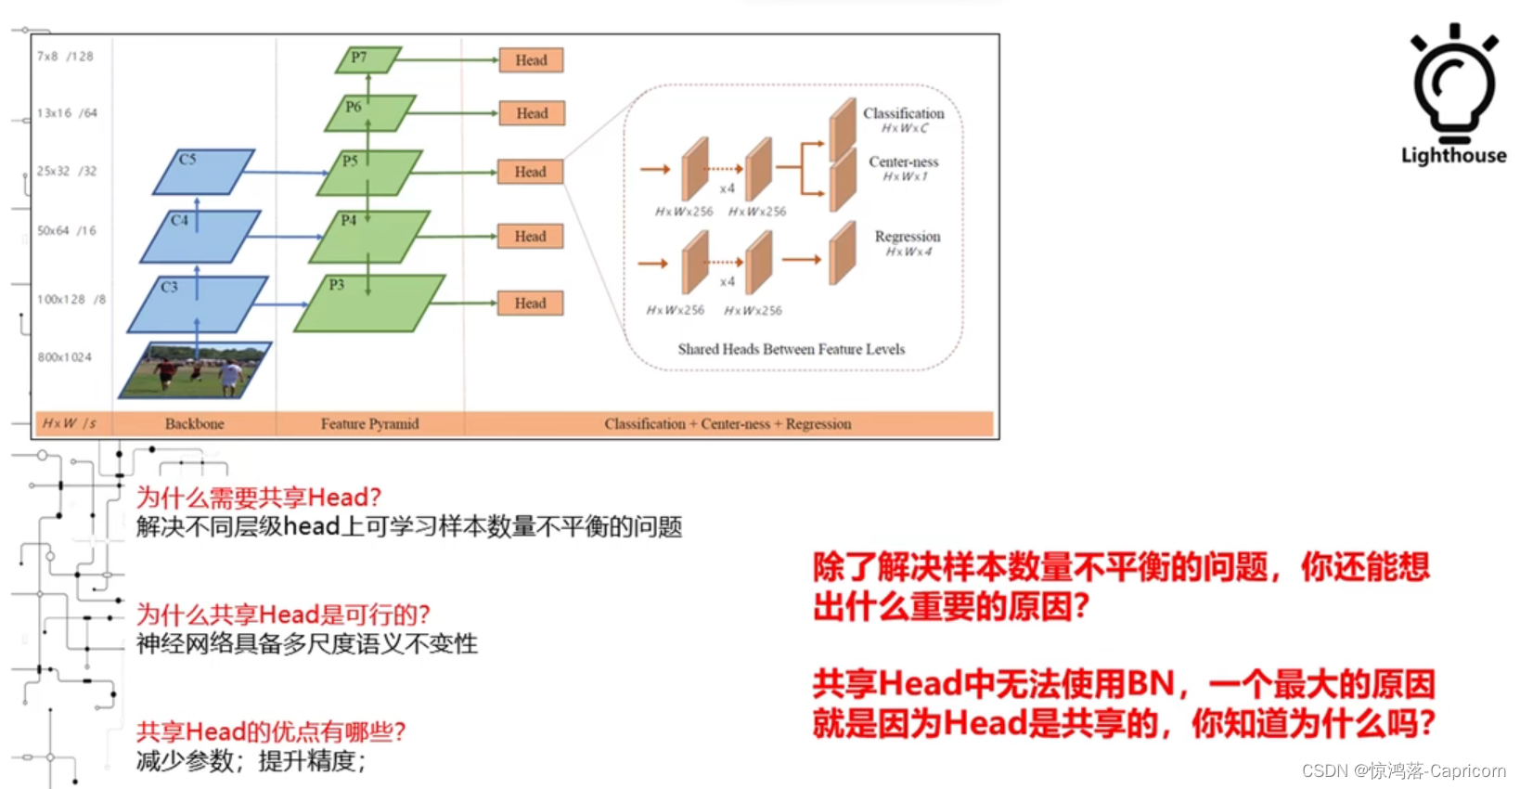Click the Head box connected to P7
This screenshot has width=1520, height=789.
(531, 60)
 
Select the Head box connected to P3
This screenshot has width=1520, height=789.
(530, 304)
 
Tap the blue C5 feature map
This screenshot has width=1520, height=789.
(203, 173)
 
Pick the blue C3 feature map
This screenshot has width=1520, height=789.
(197, 304)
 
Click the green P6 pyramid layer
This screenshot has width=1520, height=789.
(369, 113)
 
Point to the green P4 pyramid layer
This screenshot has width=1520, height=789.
(369, 238)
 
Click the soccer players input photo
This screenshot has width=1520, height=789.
(195, 370)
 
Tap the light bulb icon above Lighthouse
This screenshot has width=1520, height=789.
(1454, 84)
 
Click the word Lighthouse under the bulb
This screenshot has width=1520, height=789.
(1453, 156)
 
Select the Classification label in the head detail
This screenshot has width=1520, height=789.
(903, 113)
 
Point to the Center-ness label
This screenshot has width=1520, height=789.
(903, 162)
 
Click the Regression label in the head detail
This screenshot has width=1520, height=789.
(907, 237)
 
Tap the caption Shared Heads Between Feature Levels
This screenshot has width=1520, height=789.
(791, 350)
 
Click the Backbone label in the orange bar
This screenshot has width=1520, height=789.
(194, 424)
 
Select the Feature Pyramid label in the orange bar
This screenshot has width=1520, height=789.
(369, 424)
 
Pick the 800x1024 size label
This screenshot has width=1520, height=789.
(65, 357)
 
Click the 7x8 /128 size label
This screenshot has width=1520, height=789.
(65, 57)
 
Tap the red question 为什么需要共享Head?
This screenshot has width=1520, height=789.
(259, 498)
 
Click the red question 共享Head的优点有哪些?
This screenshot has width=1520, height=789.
(271, 731)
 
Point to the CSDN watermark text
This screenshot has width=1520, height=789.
(1403, 771)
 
